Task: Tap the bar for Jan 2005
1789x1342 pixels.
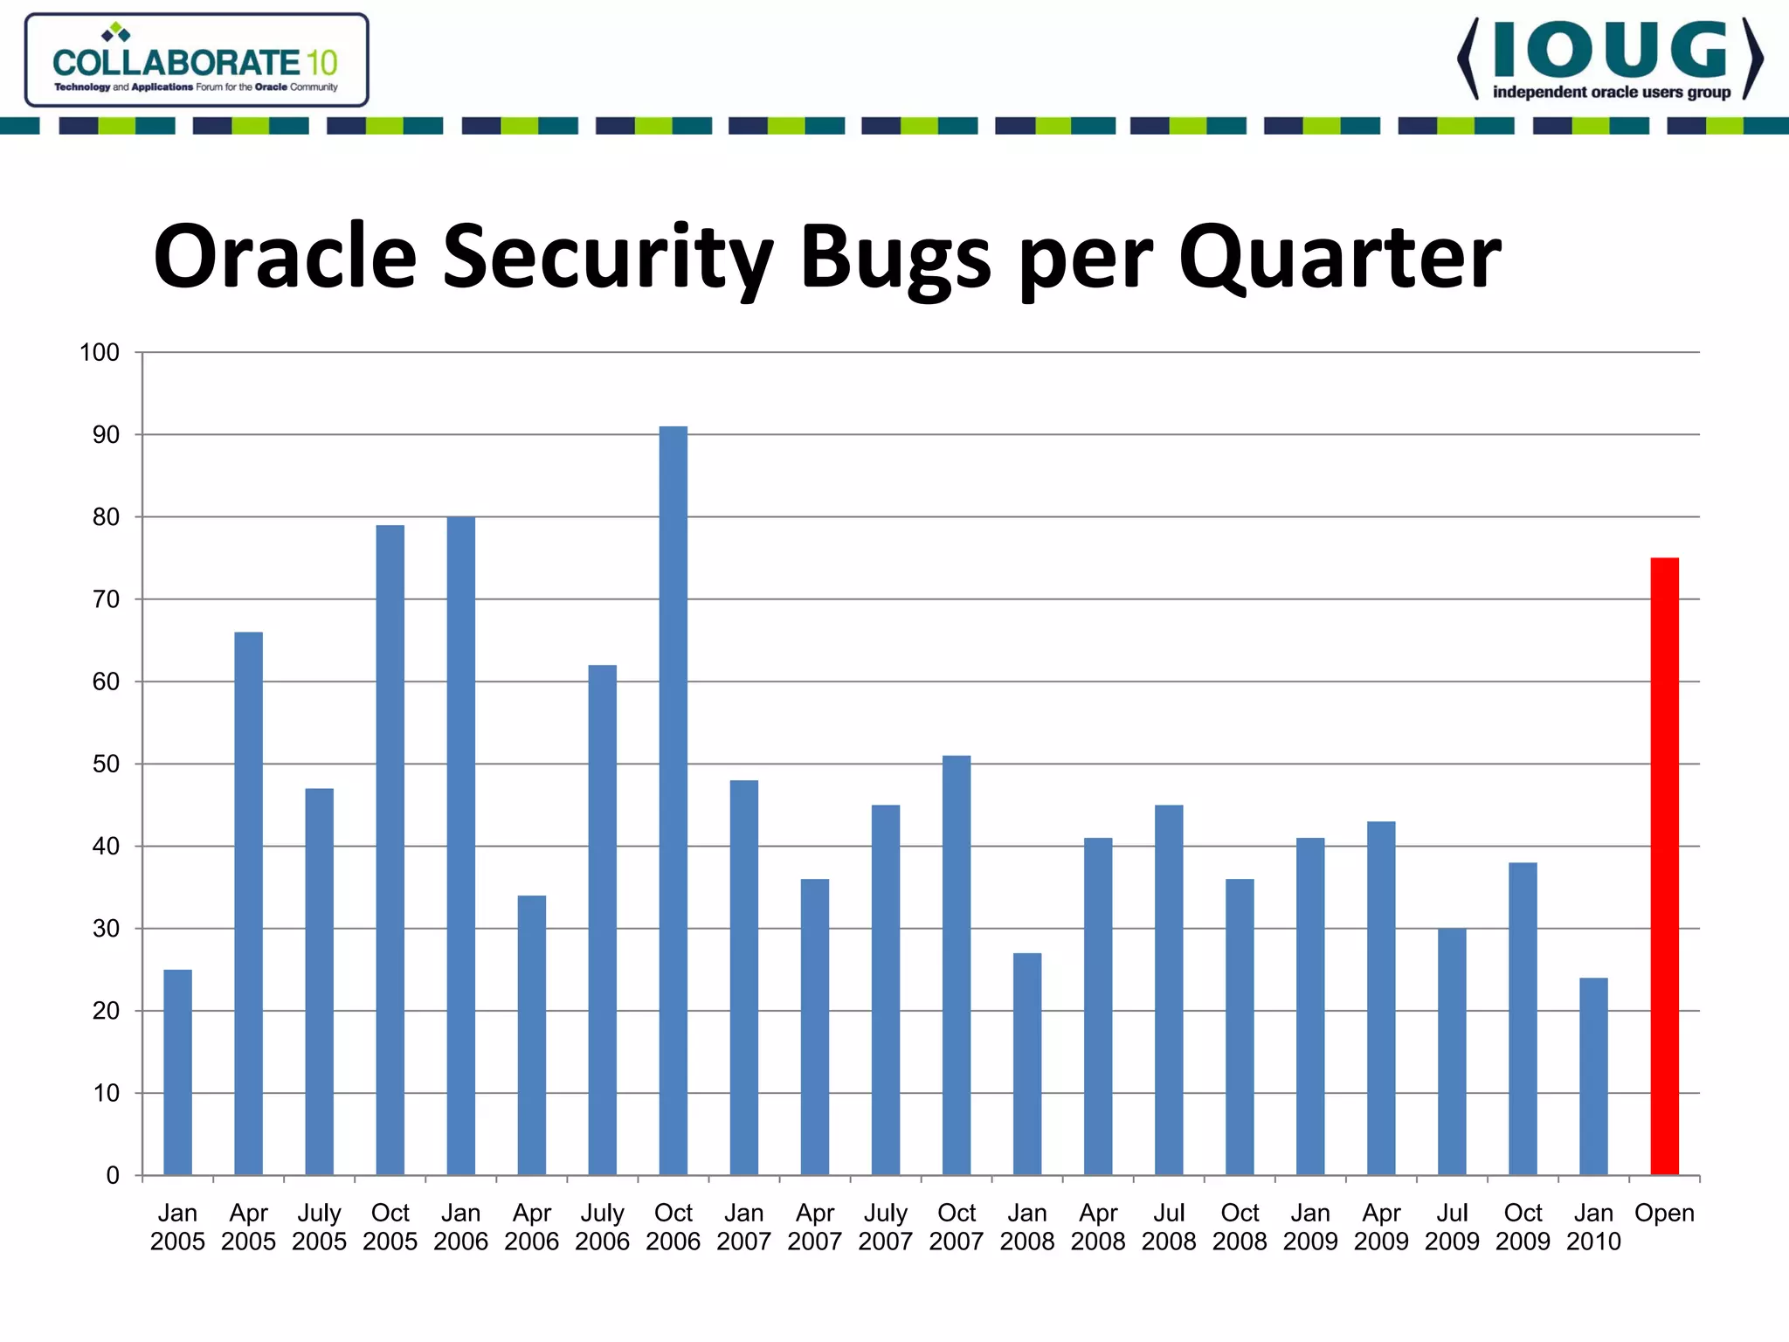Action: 177,1072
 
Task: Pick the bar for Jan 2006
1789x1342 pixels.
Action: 460,845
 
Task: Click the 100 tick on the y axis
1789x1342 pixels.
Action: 99,353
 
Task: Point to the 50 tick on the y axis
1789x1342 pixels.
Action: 106,764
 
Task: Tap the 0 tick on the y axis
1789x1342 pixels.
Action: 113,1176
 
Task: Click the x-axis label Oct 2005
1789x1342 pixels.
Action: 390,1227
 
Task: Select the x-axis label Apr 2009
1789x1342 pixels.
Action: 1381,1227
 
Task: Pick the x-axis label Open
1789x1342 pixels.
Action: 1664,1214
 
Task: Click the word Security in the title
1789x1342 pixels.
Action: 607,258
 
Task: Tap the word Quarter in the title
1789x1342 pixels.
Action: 1339,258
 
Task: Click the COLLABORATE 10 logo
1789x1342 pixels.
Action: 197,61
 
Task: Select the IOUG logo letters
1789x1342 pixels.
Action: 1610,51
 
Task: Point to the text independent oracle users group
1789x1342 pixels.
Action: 1611,93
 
